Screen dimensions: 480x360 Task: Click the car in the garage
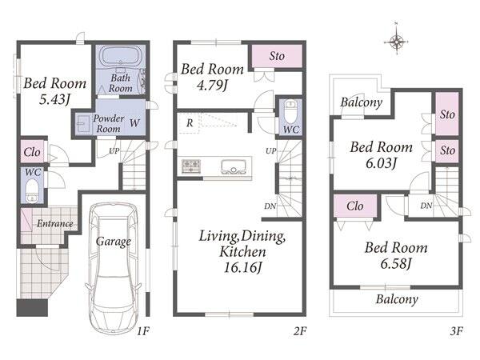(113, 268)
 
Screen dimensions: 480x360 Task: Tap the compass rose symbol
(397, 41)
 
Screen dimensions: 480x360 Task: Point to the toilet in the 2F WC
(290, 112)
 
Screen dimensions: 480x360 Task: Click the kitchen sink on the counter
(234, 166)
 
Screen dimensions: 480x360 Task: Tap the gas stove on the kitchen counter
(191, 166)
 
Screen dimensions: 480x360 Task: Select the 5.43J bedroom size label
(55, 99)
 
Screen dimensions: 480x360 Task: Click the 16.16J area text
(242, 267)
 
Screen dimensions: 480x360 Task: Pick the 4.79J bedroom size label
(212, 85)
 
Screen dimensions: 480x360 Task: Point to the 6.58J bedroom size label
(395, 263)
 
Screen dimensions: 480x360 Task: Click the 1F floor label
(143, 331)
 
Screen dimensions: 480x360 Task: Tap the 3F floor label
(457, 331)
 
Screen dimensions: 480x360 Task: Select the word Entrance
(55, 224)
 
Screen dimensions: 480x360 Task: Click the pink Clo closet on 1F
(32, 151)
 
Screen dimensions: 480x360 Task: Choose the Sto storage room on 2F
(277, 56)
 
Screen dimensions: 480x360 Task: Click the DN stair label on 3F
(426, 206)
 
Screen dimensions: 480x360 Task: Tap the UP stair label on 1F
(114, 150)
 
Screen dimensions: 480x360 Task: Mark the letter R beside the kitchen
(190, 123)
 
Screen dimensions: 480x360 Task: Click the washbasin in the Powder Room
(83, 124)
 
